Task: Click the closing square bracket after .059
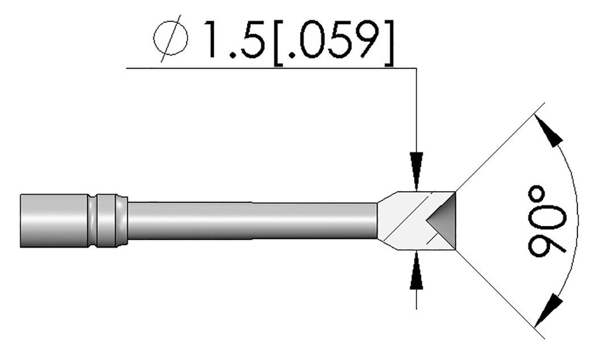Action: (386, 40)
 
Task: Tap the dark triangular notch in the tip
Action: (442, 222)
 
